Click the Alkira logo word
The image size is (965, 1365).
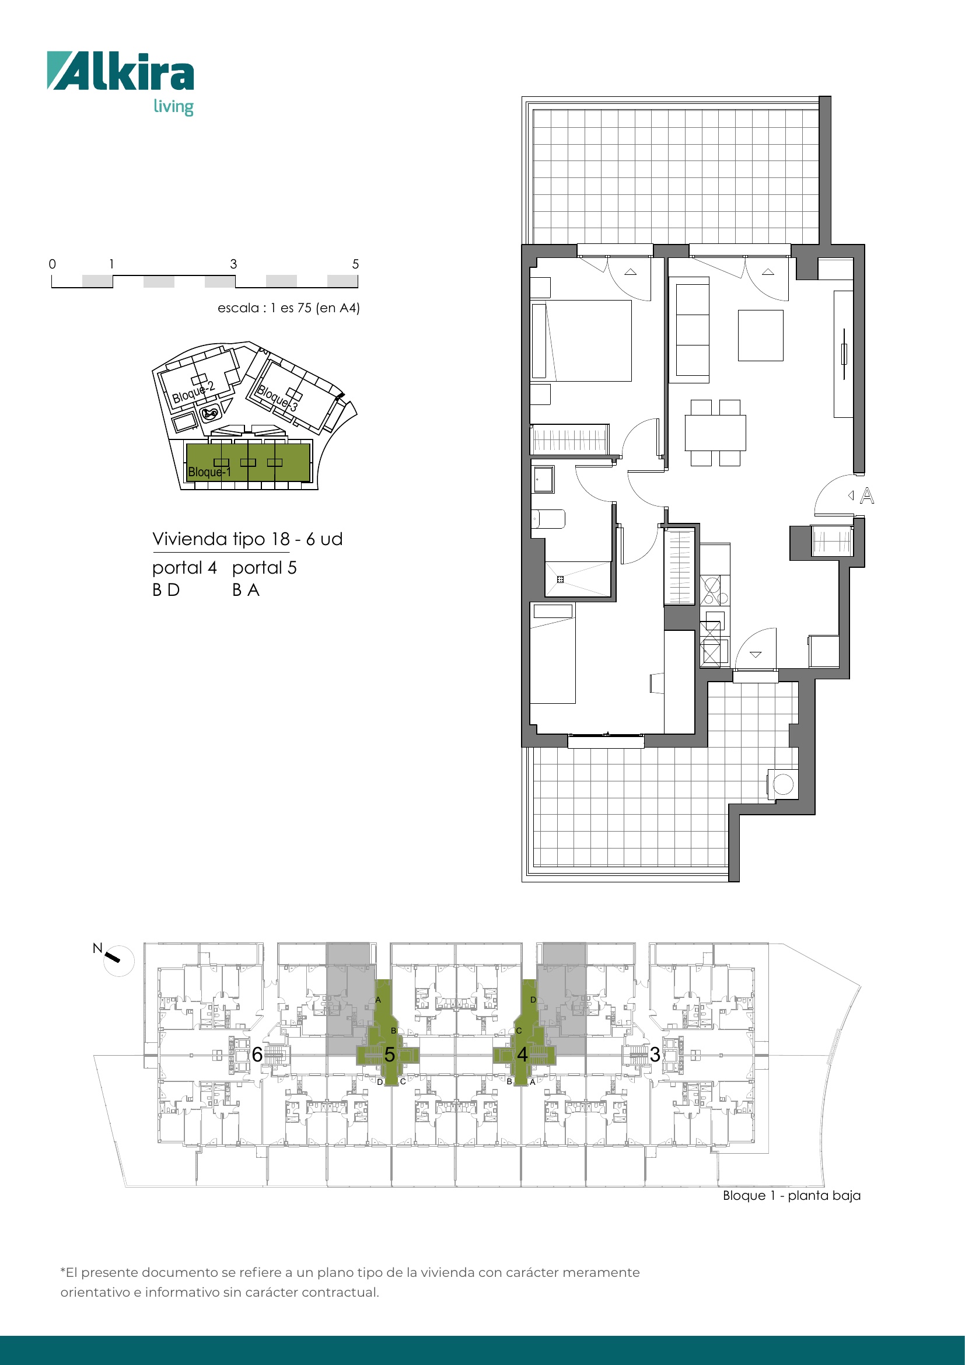[x=121, y=71]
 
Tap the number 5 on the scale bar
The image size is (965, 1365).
[x=355, y=264]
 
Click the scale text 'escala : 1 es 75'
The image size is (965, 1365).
[x=264, y=308]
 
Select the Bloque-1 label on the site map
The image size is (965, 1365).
[x=209, y=472]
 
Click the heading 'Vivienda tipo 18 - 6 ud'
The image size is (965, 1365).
[x=247, y=539]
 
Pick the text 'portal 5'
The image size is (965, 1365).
[x=264, y=568]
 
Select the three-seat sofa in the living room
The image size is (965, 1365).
[x=693, y=329]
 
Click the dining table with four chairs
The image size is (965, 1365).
[x=715, y=433]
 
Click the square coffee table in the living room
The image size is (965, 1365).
[x=761, y=336]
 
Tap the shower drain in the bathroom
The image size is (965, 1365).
[x=560, y=579]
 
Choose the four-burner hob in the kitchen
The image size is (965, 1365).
[x=714, y=590]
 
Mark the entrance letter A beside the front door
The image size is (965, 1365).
[x=867, y=495]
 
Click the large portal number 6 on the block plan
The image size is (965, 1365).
[x=257, y=1055]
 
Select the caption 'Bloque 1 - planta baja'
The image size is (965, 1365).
[x=792, y=1196]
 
